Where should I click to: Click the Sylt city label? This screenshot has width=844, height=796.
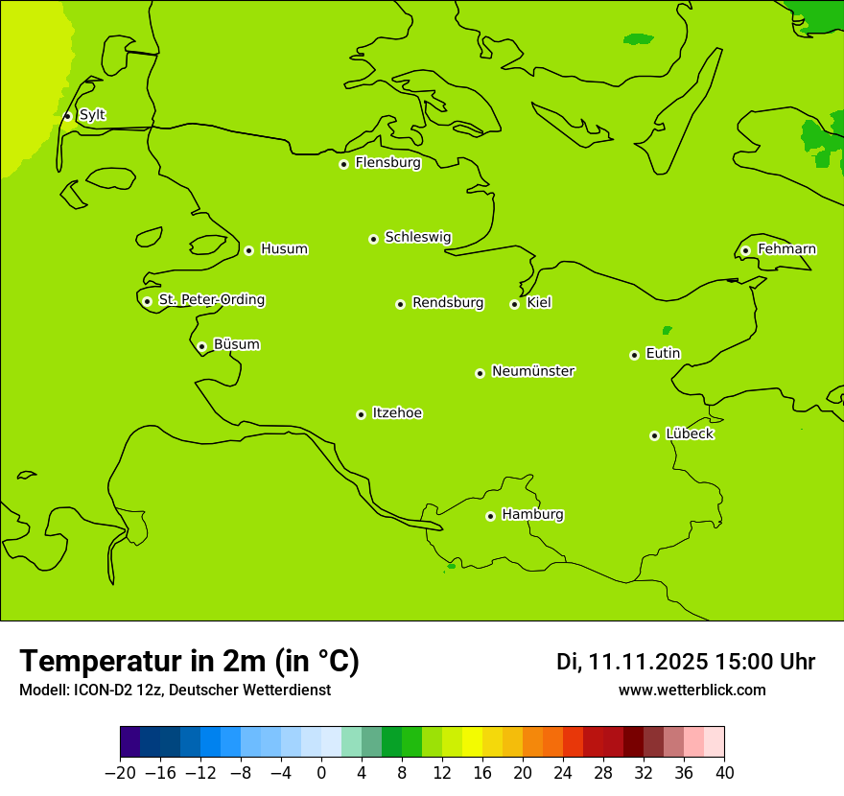click(x=92, y=115)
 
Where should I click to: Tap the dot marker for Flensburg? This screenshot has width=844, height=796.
click(x=343, y=164)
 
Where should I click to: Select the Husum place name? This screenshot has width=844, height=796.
click(x=284, y=249)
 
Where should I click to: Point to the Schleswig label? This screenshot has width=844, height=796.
click(x=417, y=237)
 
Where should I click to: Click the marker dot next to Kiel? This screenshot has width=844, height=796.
click(x=514, y=304)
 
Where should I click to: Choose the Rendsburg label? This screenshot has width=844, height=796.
click(x=448, y=303)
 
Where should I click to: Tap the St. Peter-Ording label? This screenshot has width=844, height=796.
click(x=211, y=300)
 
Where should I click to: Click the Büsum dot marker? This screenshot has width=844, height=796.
click(x=201, y=346)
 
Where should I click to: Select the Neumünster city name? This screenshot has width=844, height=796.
click(x=533, y=371)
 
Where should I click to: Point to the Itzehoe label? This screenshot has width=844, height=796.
click(x=397, y=413)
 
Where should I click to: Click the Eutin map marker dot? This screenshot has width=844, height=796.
click(x=634, y=355)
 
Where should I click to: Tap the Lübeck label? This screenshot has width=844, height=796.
click(x=690, y=434)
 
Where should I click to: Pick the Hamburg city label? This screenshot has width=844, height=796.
click(x=532, y=515)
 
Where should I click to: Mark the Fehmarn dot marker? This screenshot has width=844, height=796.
click(x=745, y=250)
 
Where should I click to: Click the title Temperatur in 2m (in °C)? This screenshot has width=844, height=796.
click(x=189, y=661)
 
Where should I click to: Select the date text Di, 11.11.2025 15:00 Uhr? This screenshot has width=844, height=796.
click(x=686, y=662)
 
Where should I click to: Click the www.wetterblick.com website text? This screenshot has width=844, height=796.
click(x=692, y=690)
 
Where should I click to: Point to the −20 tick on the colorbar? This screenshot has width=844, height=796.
click(x=121, y=773)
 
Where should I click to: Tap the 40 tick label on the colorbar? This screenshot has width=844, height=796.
click(x=724, y=773)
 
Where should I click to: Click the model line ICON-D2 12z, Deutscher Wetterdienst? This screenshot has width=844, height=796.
click(x=175, y=690)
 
